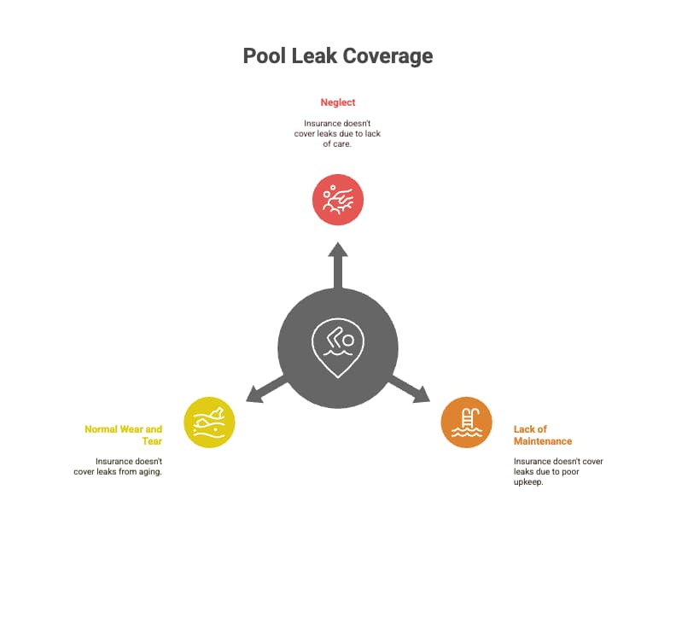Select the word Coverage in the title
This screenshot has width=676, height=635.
tap(388, 56)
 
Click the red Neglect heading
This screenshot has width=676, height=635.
tap(338, 102)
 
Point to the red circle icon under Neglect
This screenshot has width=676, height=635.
tap(338, 200)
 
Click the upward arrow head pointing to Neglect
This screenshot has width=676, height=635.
tap(338, 249)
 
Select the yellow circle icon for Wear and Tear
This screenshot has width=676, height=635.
tap(209, 422)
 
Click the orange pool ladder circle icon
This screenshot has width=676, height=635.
tap(466, 422)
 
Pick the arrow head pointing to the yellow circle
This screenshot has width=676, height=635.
tap(253, 395)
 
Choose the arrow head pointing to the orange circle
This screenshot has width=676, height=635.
tap(422, 395)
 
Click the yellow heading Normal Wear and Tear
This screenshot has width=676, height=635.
tap(125, 435)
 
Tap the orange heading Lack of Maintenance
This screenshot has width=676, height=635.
tap(542, 435)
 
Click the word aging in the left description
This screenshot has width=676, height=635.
tap(149, 471)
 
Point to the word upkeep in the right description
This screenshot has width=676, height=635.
tap(528, 481)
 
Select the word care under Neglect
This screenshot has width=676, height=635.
tap(341, 144)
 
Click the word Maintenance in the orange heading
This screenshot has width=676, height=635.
tap(542, 441)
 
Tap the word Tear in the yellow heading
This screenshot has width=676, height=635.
tap(152, 441)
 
